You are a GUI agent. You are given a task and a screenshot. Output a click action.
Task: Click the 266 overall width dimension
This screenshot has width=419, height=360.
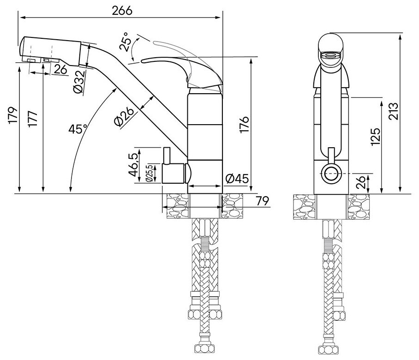pos(122,11)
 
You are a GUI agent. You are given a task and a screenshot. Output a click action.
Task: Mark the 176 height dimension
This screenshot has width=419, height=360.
pos(245,124)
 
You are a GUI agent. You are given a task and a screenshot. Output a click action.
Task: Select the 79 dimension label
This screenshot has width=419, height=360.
pos(262,201)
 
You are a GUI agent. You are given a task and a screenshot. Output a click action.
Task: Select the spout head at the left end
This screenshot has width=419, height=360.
pos(51,50)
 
